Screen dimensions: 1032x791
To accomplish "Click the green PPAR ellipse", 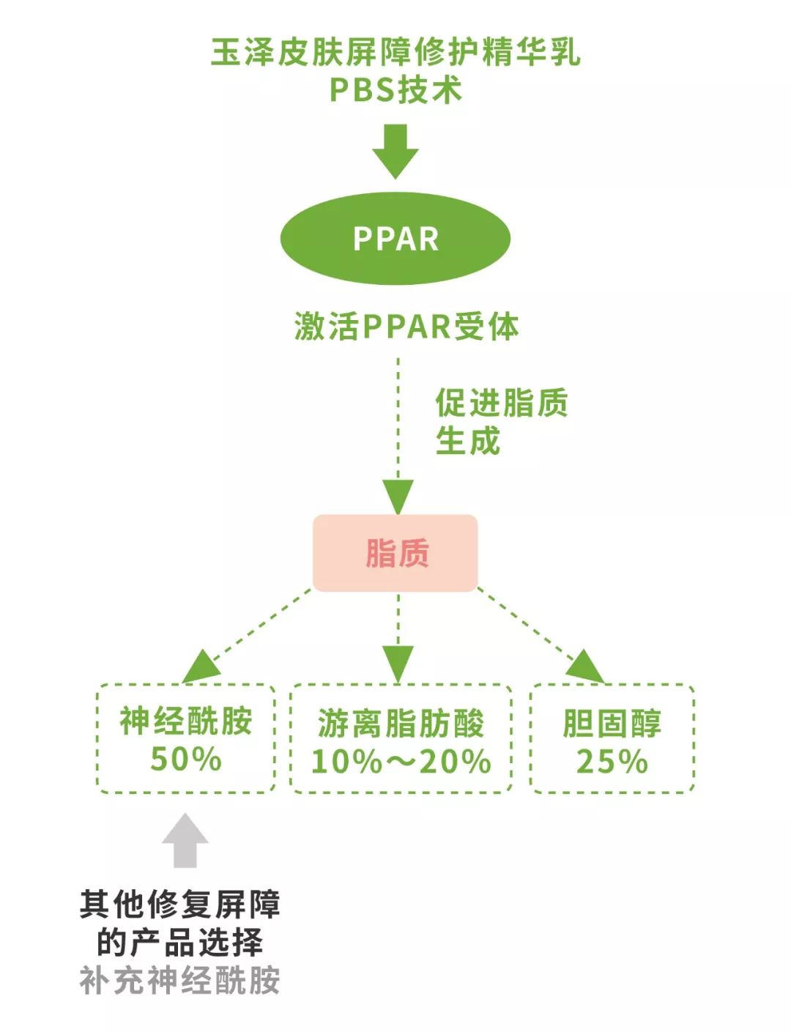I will (x=395, y=239).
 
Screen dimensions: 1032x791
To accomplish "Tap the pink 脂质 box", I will (x=395, y=553).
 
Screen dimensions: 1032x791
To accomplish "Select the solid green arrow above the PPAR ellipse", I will (x=395, y=151).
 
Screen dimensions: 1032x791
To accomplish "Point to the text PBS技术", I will (x=395, y=90).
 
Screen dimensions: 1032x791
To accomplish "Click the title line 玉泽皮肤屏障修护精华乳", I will (x=395, y=52).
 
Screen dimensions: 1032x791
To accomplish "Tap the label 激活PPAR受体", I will (x=406, y=326).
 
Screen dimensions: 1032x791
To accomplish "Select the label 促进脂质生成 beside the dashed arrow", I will (x=501, y=422).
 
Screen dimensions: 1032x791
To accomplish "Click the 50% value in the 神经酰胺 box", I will (x=186, y=759).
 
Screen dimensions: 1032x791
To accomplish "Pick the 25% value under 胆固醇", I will (x=612, y=762).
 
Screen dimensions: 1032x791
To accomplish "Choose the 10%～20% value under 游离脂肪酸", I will (x=401, y=762).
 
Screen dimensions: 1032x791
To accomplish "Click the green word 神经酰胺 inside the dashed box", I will (x=186, y=721).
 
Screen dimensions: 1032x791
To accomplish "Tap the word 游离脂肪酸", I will (x=401, y=724).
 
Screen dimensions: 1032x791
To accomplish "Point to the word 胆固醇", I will (x=612, y=724).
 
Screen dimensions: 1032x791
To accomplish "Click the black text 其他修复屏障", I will (x=180, y=905).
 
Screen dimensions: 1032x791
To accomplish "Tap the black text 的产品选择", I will (x=180, y=943).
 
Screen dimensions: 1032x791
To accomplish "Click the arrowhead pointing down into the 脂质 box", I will (x=398, y=497).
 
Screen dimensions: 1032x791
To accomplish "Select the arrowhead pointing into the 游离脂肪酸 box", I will (x=398, y=664).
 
